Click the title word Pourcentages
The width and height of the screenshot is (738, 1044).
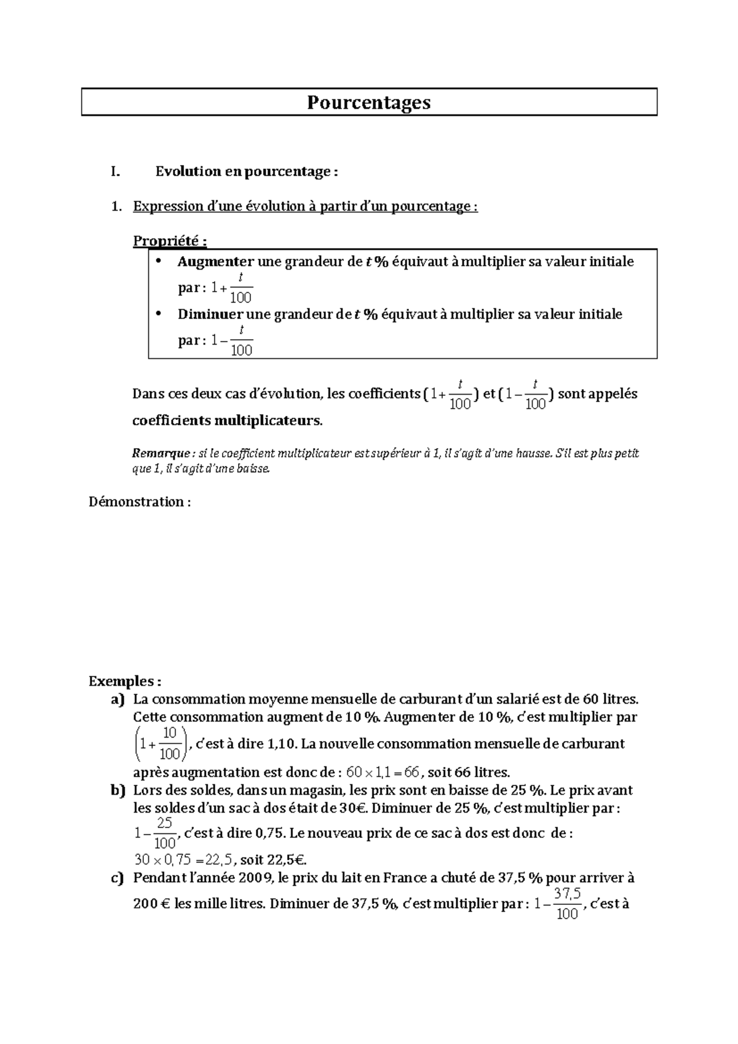[x=368, y=102]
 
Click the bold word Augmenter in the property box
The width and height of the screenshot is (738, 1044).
[x=215, y=262]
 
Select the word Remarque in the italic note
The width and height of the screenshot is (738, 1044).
[x=161, y=454]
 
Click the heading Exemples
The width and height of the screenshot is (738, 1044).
[x=125, y=681]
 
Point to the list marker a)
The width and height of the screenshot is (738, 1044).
[x=117, y=699]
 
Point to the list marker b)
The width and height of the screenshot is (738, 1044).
[x=117, y=790]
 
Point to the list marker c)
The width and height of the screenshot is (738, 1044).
[x=117, y=878]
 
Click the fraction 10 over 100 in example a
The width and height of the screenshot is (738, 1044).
[x=170, y=744]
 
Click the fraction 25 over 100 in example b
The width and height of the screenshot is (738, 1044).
[x=164, y=833]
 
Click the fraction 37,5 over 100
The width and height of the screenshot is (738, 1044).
[x=567, y=904]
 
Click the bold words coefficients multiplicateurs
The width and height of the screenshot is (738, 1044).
[x=227, y=421]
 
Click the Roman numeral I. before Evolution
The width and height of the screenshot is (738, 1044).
[x=114, y=172]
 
